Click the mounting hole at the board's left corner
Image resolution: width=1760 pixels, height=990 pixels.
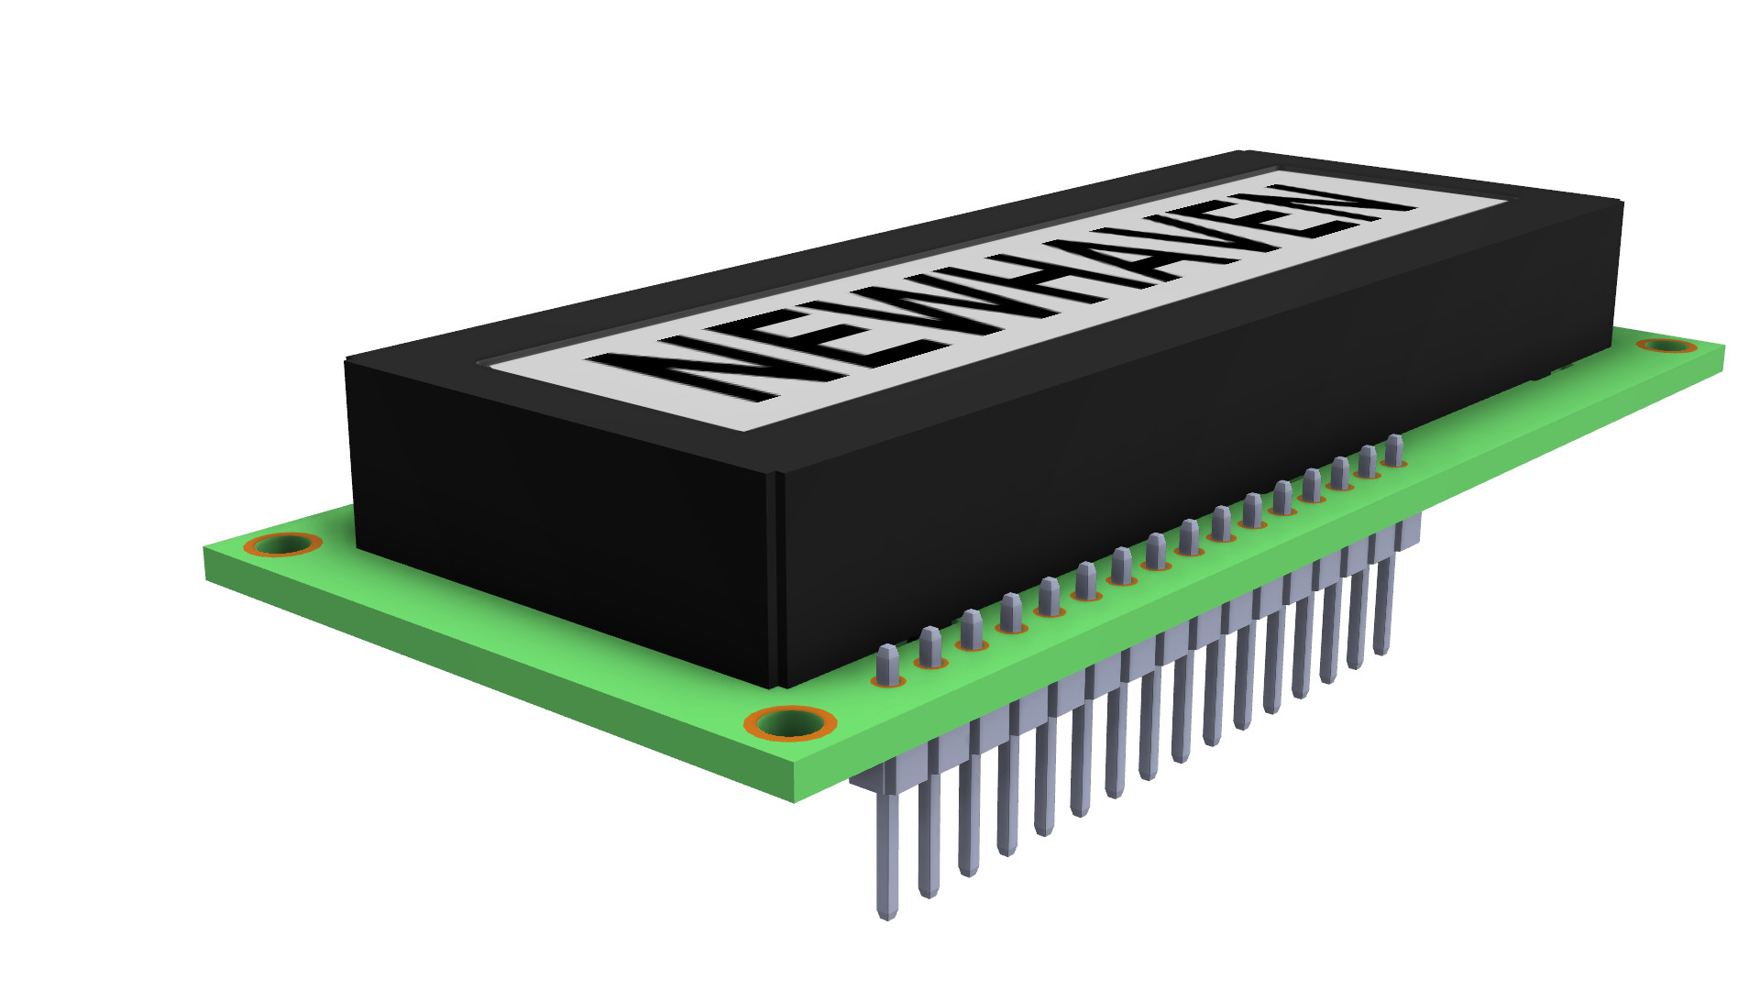(282, 544)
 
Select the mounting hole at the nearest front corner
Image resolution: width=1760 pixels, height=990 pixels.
(790, 722)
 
